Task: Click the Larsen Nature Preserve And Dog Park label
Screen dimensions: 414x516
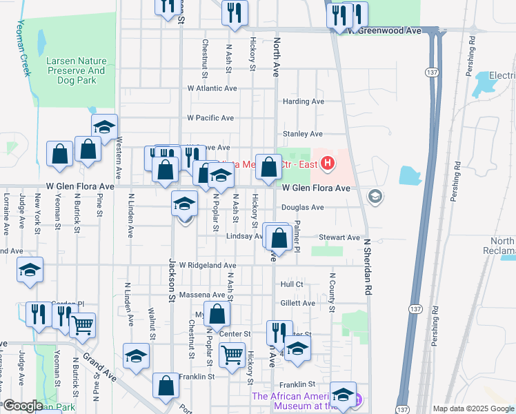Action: [x=76, y=66]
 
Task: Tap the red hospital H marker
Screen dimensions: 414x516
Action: [x=328, y=164]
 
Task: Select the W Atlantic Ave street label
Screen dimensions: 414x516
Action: [x=212, y=88]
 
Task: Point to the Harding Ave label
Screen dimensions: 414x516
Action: [x=304, y=101]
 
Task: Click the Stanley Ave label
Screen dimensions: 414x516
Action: [x=303, y=134]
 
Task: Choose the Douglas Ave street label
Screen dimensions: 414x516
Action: [x=302, y=207]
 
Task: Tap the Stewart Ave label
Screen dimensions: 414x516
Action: [x=340, y=237]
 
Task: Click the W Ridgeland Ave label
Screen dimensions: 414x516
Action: [x=208, y=265]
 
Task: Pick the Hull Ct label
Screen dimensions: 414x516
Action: [x=292, y=284]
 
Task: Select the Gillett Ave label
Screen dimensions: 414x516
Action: [x=298, y=303]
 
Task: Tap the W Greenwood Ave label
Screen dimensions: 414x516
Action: [x=384, y=31]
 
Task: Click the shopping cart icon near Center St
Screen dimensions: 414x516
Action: [x=232, y=355]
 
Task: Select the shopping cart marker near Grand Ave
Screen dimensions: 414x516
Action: [x=83, y=324]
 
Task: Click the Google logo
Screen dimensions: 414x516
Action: [x=23, y=406]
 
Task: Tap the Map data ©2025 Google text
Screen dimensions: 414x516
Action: [x=473, y=408]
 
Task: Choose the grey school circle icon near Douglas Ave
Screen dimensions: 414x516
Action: [x=375, y=197]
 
